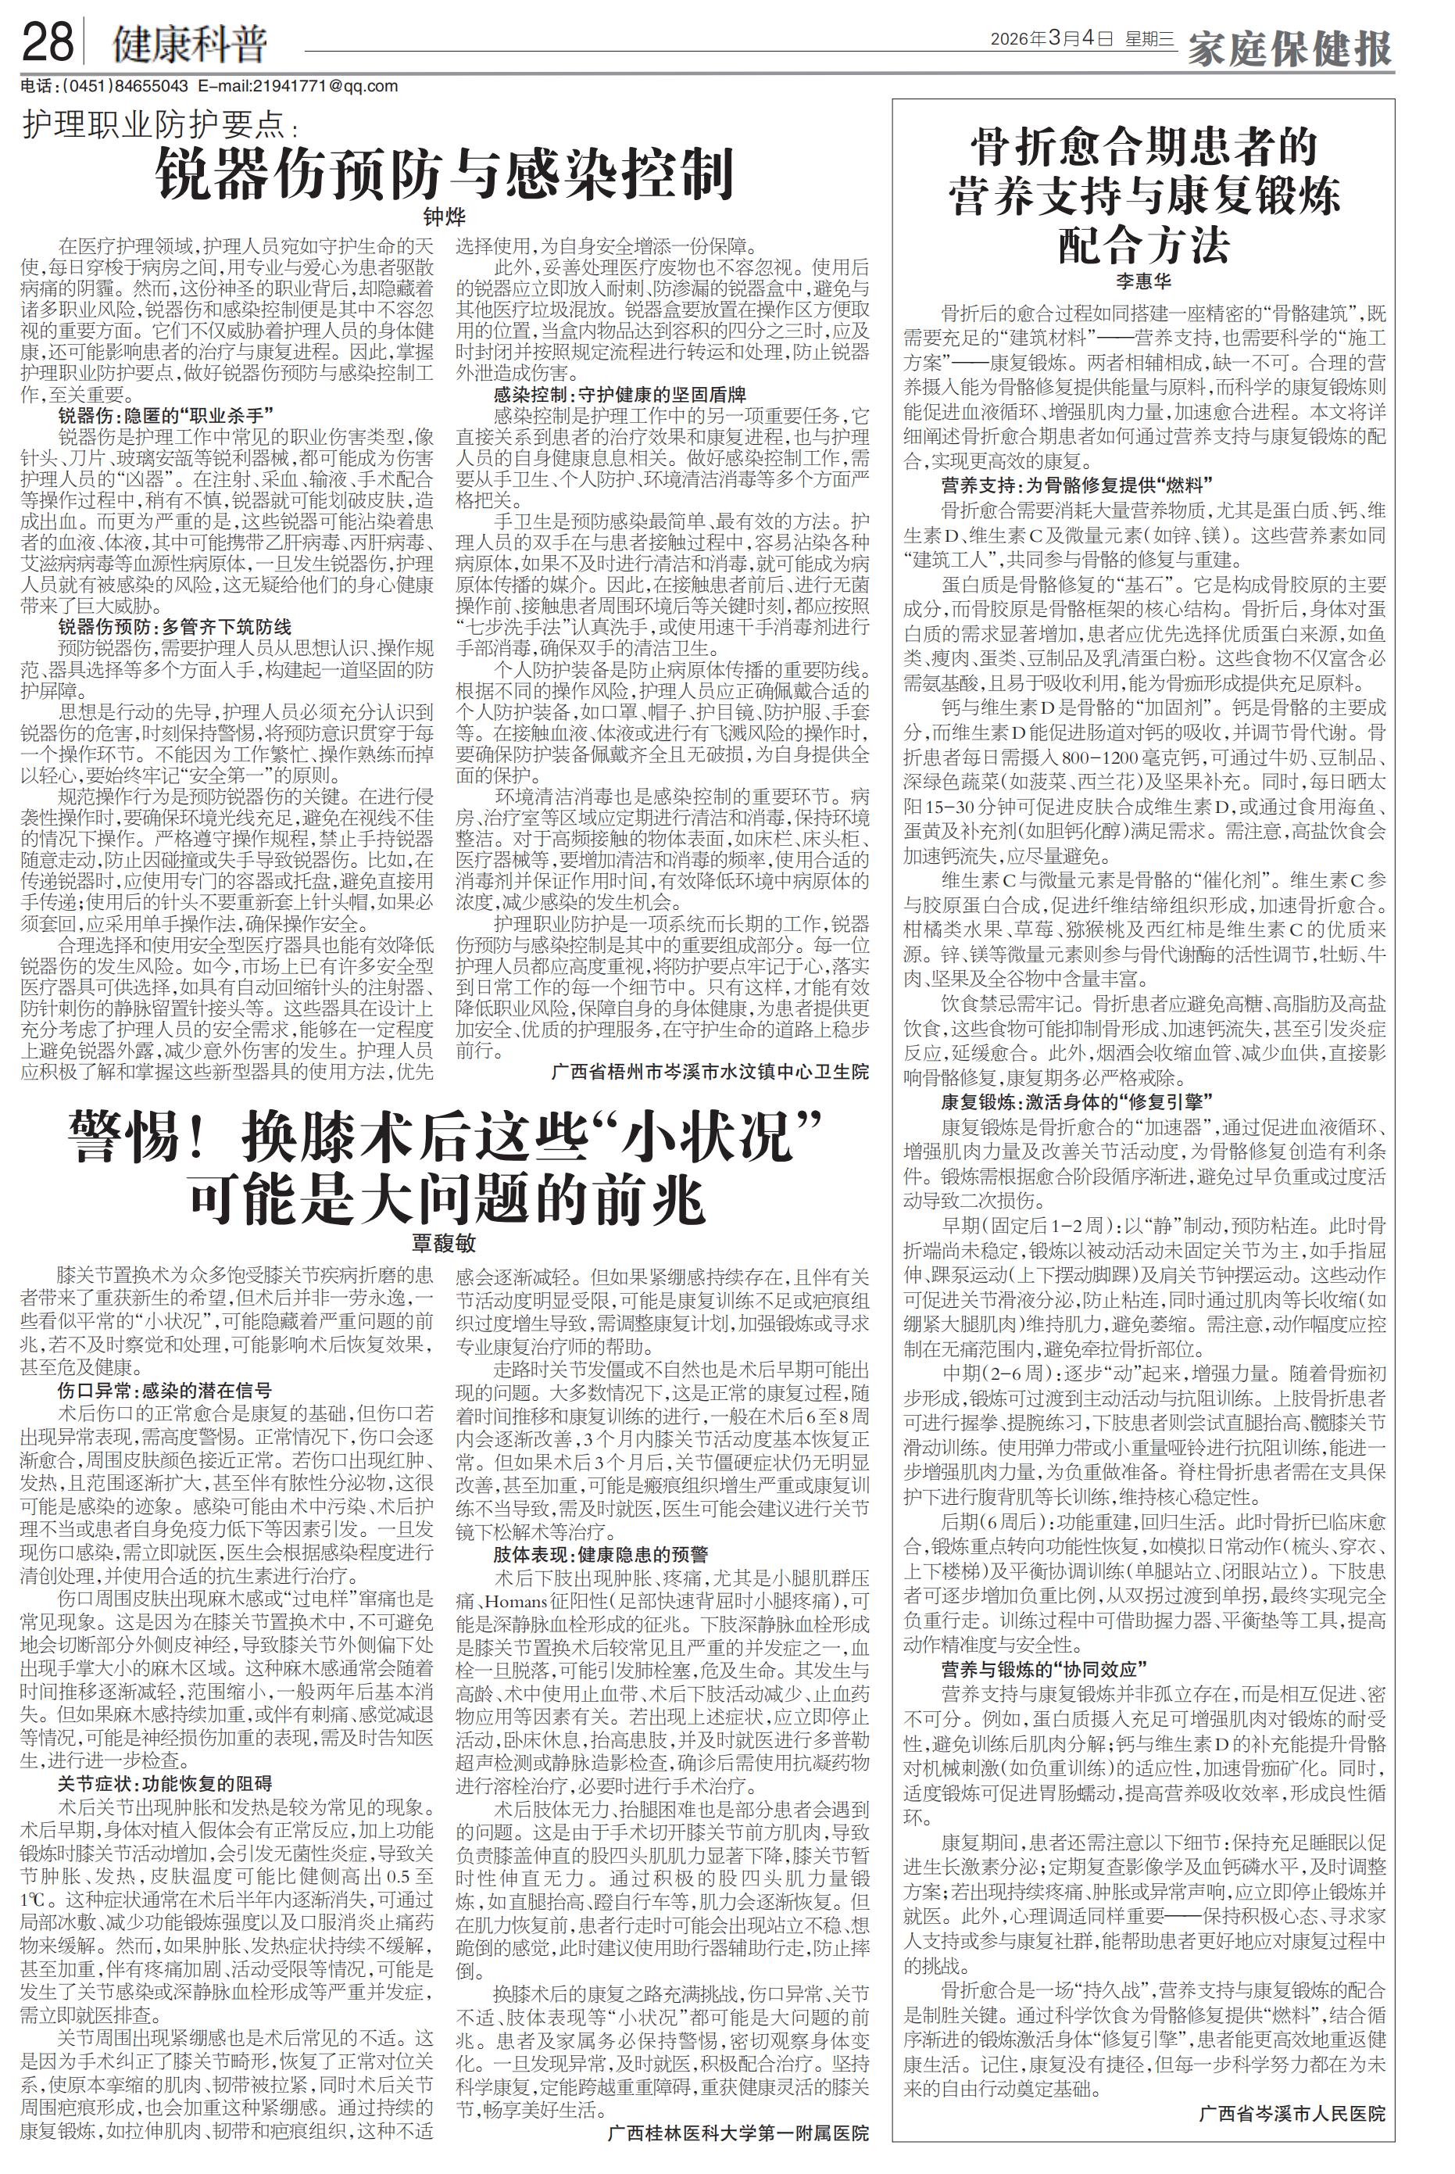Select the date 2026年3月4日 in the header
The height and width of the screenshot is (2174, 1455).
pos(1051,40)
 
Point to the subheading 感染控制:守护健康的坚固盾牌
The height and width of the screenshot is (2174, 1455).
pos(619,393)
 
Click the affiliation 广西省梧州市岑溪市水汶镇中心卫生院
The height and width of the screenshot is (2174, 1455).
pos(709,1073)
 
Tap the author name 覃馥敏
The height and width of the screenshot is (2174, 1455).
pos(444,1243)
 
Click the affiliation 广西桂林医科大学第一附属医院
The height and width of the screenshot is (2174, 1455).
pos(738,2133)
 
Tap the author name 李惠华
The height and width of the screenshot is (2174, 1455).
pos(1143,279)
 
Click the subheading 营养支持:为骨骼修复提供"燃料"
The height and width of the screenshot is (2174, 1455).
pos(1077,485)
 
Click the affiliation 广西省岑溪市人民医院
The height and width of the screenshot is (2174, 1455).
pos(1291,2088)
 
